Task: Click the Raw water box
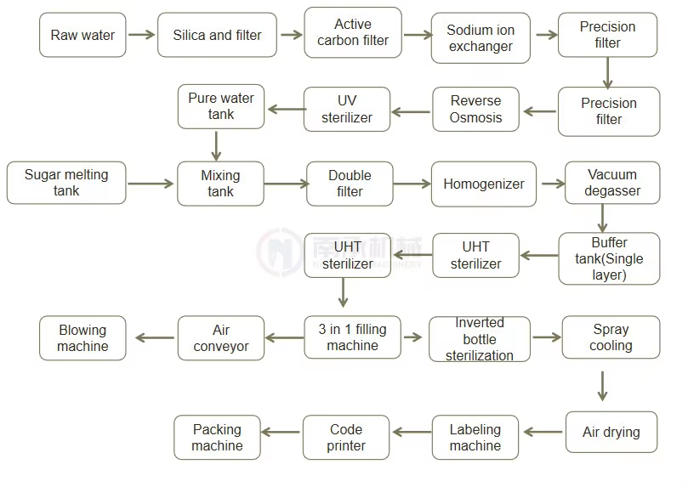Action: (82, 35)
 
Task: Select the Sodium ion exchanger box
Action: (480, 38)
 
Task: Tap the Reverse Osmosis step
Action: (476, 110)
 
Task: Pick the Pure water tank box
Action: (221, 106)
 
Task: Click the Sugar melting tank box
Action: (66, 183)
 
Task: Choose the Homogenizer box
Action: (484, 184)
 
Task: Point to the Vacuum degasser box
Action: (612, 183)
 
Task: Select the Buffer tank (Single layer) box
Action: (609, 258)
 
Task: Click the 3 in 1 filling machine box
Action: (352, 337)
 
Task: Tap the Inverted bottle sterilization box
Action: (479, 339)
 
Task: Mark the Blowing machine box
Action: (82, 338)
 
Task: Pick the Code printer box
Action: (346, 438)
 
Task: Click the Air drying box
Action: (611, 432)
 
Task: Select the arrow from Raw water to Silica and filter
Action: (141, 35)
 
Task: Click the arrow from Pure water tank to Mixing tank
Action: (216, 145)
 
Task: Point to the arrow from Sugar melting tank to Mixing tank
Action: (151, 183)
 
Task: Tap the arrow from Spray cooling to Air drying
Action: (602, 385)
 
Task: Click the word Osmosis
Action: (476, 118)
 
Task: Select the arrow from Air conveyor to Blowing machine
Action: (154, 338)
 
